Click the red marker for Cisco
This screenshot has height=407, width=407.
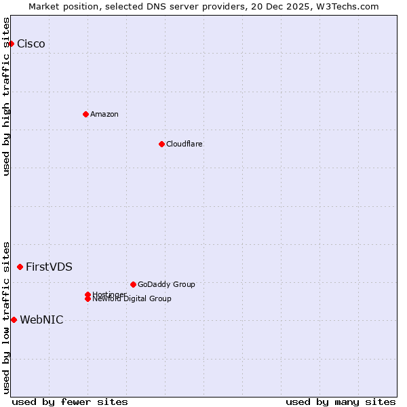(11, 44)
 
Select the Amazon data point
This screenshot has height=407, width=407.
(85, 114)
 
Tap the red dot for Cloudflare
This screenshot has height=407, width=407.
(161, 144)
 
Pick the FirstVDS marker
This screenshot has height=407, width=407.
(20, 267)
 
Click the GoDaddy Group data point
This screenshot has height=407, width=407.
(133, 284)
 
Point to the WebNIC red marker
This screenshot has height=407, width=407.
(14, 320)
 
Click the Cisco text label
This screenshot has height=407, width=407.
(31, 44)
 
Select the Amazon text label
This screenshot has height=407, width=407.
(104, 114)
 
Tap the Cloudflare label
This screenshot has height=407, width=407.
(185, 144)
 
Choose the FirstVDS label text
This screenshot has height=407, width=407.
(49, 267)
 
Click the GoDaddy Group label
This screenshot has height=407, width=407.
(166, 284)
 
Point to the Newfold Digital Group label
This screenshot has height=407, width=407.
(132, 299)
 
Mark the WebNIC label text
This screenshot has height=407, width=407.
(41, 320)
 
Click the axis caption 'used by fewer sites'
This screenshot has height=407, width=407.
(70, 402)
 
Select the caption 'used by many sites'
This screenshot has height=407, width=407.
(341, 402)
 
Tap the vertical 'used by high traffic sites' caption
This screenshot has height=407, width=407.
(6, 96)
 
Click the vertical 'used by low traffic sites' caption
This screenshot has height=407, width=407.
(6, 317)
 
